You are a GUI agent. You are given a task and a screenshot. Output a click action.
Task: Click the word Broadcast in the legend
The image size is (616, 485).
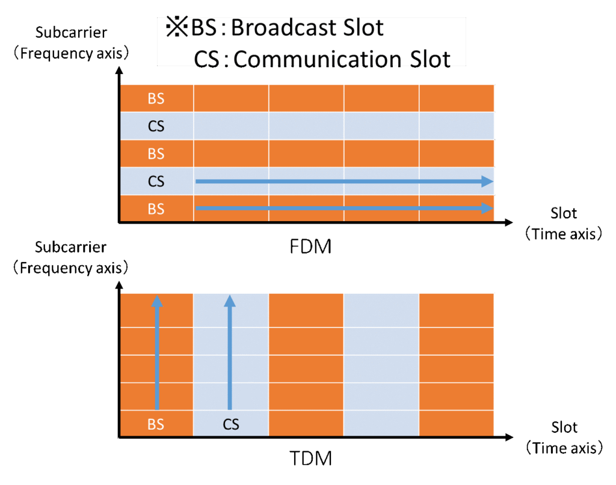[276, 28]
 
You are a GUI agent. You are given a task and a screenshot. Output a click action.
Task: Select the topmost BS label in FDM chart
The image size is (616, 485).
[156, 99]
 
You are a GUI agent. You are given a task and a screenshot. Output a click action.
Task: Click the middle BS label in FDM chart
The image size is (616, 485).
[156, 154]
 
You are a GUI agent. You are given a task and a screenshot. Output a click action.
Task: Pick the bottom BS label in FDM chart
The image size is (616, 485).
[156, 209]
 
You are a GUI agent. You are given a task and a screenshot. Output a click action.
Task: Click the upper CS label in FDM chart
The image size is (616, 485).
[156, 126]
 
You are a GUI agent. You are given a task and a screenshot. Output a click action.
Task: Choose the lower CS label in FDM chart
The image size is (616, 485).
[156, 181]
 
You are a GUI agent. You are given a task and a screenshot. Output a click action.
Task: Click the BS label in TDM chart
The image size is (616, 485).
[156, 425]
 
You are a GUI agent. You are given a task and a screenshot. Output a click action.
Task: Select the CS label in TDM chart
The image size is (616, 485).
[231, 425]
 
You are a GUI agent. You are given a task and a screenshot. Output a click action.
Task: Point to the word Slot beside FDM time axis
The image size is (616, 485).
[564, 213]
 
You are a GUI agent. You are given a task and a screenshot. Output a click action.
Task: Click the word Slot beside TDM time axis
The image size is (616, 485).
[564, 427]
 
